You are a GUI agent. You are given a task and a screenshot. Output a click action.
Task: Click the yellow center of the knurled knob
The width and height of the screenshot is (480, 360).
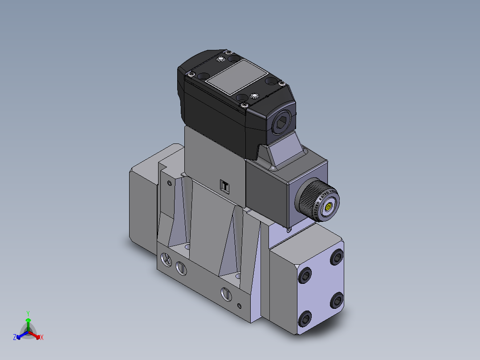tap(329, 207)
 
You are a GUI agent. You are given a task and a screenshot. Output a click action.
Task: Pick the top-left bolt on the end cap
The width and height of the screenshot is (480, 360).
tap(306, 276)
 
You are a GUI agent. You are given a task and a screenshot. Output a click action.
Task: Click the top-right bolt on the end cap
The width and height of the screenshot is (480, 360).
tap(337, 257)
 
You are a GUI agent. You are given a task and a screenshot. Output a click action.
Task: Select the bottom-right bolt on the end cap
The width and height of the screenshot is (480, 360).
tap(337, 301)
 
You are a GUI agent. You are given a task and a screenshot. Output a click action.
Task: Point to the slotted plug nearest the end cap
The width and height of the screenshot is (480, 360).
tap(227, 293)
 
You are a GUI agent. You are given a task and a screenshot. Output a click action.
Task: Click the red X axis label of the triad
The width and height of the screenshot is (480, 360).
tap(42, 338)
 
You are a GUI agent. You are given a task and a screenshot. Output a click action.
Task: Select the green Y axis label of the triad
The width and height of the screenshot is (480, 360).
tap(28, 313)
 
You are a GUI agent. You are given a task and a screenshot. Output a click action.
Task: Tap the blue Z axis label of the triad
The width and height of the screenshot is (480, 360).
tap(15, 338)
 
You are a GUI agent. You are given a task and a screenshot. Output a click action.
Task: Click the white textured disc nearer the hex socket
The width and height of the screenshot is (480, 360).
tap(255, 96)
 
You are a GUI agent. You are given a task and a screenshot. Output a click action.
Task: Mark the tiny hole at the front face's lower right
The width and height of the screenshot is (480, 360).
tap(240, 306)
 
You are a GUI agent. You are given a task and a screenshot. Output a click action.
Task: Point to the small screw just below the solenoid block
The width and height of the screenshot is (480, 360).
tap(289, 230)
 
